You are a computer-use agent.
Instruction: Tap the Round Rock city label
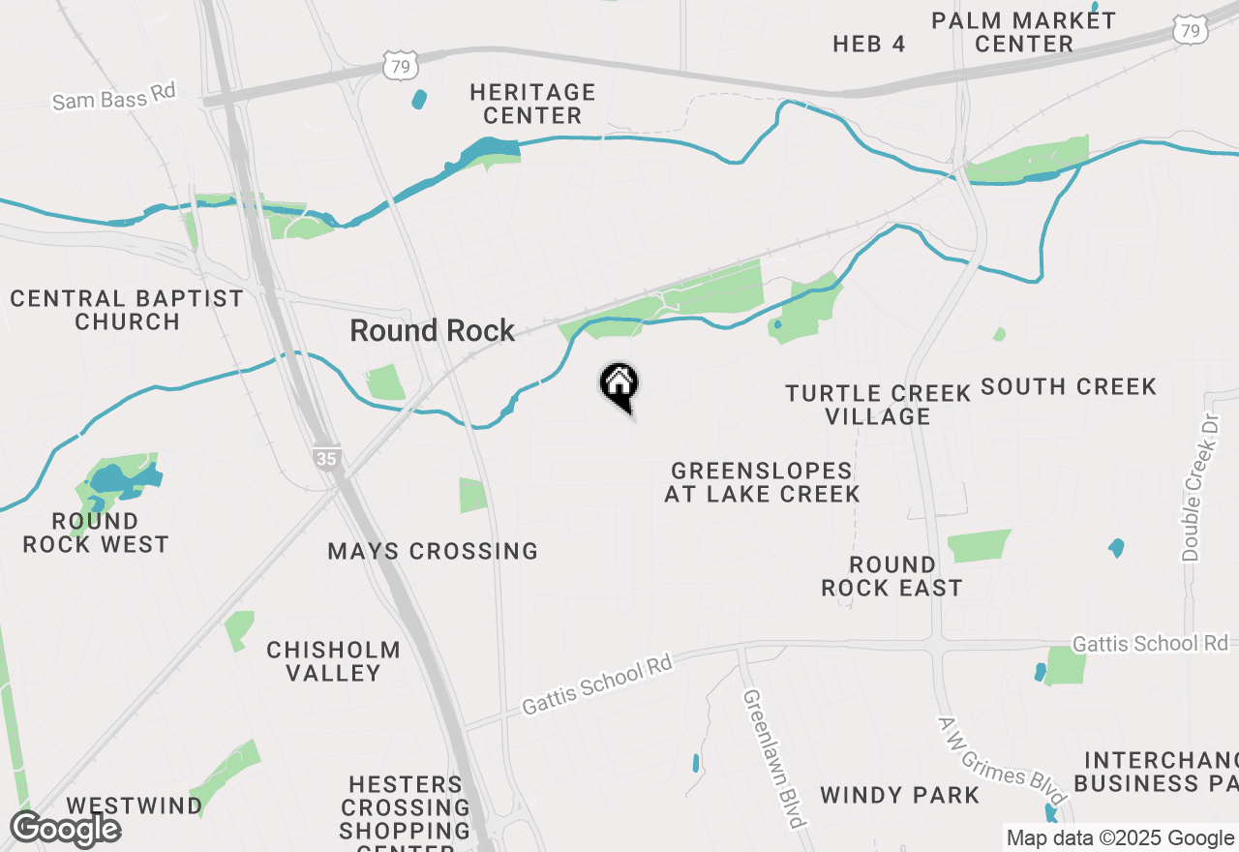click(433, 331)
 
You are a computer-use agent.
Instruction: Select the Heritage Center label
click(532, 104)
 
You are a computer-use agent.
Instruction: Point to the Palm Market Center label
click(1023, 32)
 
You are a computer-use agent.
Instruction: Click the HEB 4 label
click(869, 44)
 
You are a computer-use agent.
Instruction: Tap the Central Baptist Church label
click(127, 310)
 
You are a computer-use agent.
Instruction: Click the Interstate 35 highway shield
click(327, 458)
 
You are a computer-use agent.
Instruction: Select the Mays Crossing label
click(433, 551)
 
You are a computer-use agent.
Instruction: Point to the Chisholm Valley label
click(334, 661)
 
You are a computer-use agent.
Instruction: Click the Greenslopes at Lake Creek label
click(762, 482)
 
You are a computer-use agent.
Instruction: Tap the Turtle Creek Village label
click(878, 405)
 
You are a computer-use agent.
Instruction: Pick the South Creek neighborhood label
click(1069, 386)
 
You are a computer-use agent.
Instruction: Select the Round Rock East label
click(891, 576)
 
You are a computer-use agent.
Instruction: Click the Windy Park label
click(900, 795)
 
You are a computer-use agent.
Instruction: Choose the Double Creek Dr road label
click(1191, 487)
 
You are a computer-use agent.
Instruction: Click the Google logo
click(65, 830)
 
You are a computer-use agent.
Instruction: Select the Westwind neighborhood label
click(135, 806)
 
